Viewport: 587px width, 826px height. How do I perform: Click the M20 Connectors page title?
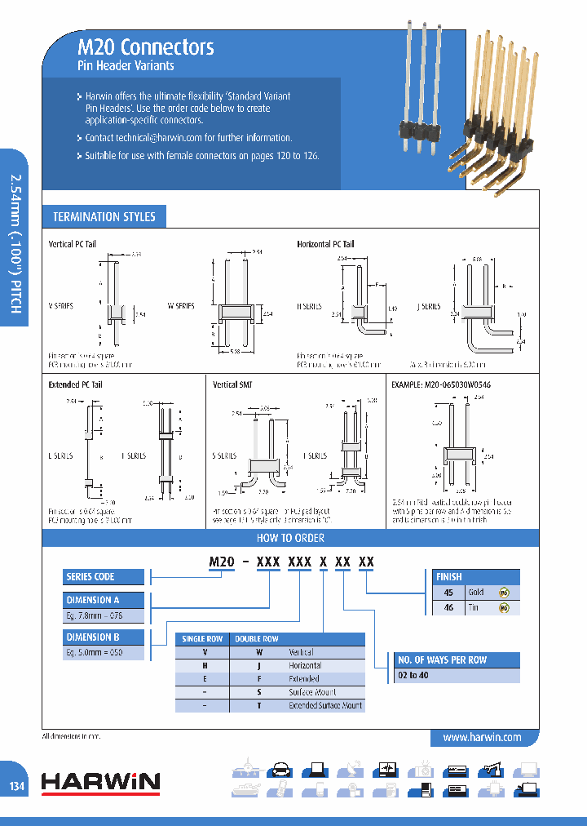[146, 47]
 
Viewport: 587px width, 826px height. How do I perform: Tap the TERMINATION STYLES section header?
[104, 216]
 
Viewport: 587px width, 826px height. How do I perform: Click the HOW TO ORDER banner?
[291, 538]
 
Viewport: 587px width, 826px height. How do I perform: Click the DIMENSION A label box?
[93, 601]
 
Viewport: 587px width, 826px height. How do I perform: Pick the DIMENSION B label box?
[93, 637]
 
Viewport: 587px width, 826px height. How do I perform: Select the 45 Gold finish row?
[476, 592]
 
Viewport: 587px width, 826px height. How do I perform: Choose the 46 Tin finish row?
[476, 607]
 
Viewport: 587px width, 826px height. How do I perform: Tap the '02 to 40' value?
[413, 676]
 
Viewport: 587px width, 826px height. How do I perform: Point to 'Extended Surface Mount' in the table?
[325, 705]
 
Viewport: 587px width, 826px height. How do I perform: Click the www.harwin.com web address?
[482, 737]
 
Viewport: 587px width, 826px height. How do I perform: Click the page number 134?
[17, 787]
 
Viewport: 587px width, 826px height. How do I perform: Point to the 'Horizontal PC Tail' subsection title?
[325, 244]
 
